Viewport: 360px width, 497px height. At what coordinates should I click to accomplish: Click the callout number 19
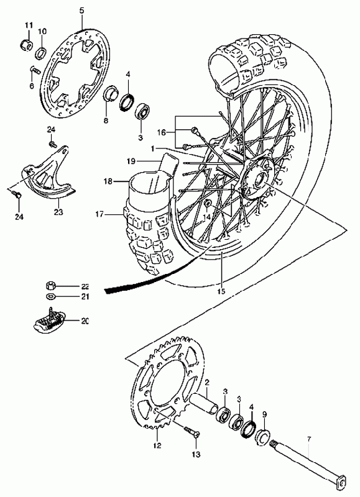131,162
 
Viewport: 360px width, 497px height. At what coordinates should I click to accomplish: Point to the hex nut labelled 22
50,286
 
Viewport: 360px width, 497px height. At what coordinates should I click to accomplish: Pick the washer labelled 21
50,297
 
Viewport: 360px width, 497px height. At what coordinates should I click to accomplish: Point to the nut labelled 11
27,45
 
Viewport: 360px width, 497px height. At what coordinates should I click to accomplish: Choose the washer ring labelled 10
41,53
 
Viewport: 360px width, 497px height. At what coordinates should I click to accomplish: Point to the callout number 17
99,214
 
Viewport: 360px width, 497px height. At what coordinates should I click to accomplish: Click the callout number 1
152,148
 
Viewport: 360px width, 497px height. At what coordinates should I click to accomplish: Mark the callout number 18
108,181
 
